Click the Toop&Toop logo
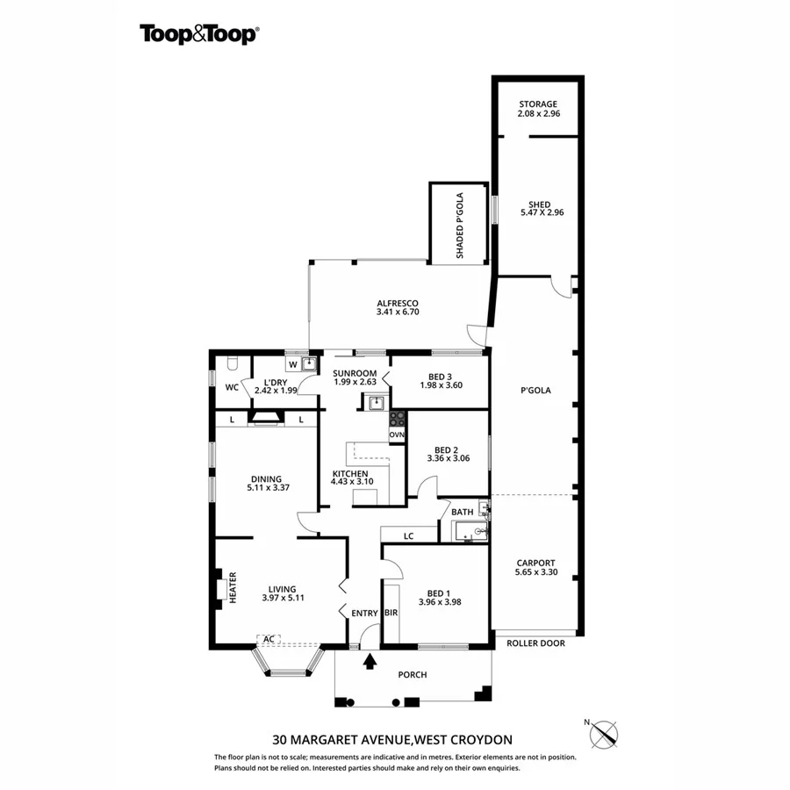coord(198,34)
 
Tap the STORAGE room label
coord(538,104)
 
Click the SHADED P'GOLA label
coord(458,225)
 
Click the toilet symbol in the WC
coord(231,363)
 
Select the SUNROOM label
coord(354,373)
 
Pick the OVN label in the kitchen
coord(397,435)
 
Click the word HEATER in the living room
coord(233,589)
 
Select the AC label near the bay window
coord(269,638)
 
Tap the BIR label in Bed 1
coord(391,614)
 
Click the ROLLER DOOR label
coord(535,643)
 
